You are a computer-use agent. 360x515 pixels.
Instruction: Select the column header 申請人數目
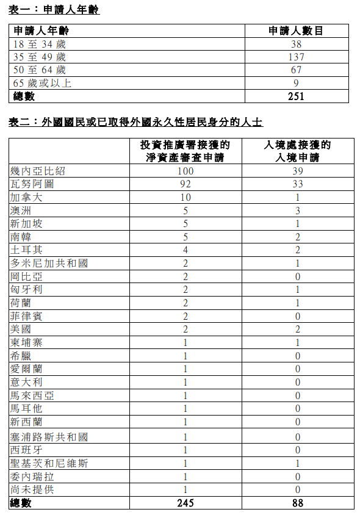296,31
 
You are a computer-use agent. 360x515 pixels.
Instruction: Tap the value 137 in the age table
296,57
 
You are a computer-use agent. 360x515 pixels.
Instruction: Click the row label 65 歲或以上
42,83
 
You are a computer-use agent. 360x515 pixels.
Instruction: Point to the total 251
296,96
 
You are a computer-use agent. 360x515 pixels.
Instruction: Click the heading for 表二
136,122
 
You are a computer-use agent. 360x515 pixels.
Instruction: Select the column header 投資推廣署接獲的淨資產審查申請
185,151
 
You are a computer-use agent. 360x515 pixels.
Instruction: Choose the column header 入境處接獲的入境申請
297,151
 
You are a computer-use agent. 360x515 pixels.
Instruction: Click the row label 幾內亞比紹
38,171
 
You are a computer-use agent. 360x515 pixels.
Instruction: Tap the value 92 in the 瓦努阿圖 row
185,184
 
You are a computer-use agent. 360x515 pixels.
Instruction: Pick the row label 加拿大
27,197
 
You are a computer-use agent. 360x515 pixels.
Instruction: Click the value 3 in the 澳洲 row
297,211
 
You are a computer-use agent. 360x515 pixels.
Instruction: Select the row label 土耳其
27,250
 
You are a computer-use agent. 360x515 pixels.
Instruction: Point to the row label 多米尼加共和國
49,263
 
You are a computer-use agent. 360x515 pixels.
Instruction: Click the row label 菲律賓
27,316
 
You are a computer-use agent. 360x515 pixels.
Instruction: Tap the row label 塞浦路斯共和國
49,437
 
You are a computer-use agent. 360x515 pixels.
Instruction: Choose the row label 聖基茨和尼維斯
49,463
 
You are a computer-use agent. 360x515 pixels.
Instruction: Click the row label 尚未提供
32,489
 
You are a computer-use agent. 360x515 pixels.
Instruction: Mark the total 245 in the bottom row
185,503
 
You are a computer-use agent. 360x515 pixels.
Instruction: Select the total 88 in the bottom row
297,503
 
